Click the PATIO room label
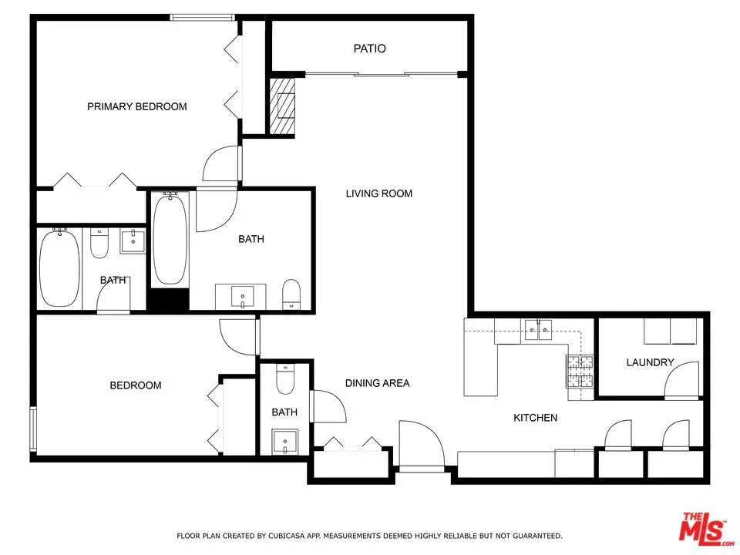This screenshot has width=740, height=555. (369, 49)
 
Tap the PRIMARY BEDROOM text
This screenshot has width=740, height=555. (136, 106)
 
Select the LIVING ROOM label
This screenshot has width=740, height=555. (378, 193)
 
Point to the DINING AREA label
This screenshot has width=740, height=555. (377, 383)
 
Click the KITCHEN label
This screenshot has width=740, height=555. (535, 418)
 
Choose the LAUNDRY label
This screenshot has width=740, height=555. (650, 362)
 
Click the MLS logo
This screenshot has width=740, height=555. (704, 528)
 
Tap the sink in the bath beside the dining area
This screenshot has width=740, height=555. (284, 442)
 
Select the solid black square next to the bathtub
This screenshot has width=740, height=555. (168, 299)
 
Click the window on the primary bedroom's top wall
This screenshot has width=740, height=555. (202, 17)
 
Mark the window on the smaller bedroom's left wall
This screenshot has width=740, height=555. (32, 428)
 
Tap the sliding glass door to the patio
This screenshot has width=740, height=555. (381, 74)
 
